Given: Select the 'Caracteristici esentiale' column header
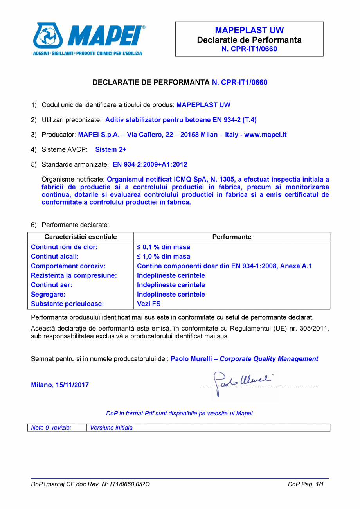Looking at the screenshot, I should coord(81,237).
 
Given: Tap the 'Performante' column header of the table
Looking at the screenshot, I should coord(232,237).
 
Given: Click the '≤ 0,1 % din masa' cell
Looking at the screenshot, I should coord(164,247).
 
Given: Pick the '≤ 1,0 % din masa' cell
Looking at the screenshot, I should coord(164,257).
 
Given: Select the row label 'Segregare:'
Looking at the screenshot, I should coord(48,294).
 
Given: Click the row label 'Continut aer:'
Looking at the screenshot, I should coord(51,285).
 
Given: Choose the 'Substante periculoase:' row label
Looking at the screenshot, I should coord(67,304).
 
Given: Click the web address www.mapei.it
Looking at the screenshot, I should coord(265,135).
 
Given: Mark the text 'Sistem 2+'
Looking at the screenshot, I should coord(111,149).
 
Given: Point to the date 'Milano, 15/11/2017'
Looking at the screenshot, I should coord(60,385).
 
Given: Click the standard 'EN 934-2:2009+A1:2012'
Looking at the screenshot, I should coord(147,164).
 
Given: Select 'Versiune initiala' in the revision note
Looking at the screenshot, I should coord(111,428).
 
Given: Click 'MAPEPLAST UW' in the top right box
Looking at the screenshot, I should coord(249,31).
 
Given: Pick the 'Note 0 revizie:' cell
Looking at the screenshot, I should coord(51,428).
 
